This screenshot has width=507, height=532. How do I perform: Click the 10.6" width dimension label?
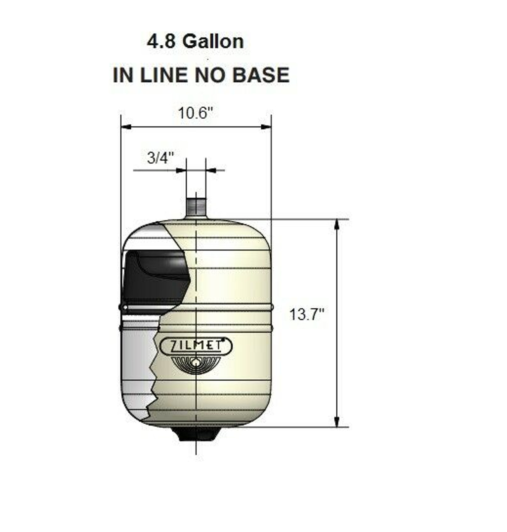[x=195, y=113]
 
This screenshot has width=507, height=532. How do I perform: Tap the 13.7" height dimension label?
[x=306, y=314]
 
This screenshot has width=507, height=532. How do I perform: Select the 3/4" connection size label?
[x=160, y=158]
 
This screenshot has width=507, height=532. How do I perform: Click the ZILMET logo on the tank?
[x=196, y=346]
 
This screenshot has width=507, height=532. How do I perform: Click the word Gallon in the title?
[x=213, y=42]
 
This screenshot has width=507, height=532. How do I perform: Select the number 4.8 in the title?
[x=161, y=42]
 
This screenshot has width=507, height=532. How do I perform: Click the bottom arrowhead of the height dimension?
[x=337, y=422]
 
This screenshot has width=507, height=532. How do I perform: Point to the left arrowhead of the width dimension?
[x=126, y=127]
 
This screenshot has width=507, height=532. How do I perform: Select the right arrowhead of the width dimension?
[x=266, y=127]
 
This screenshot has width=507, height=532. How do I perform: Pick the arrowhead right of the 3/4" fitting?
[x=211, y=170]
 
